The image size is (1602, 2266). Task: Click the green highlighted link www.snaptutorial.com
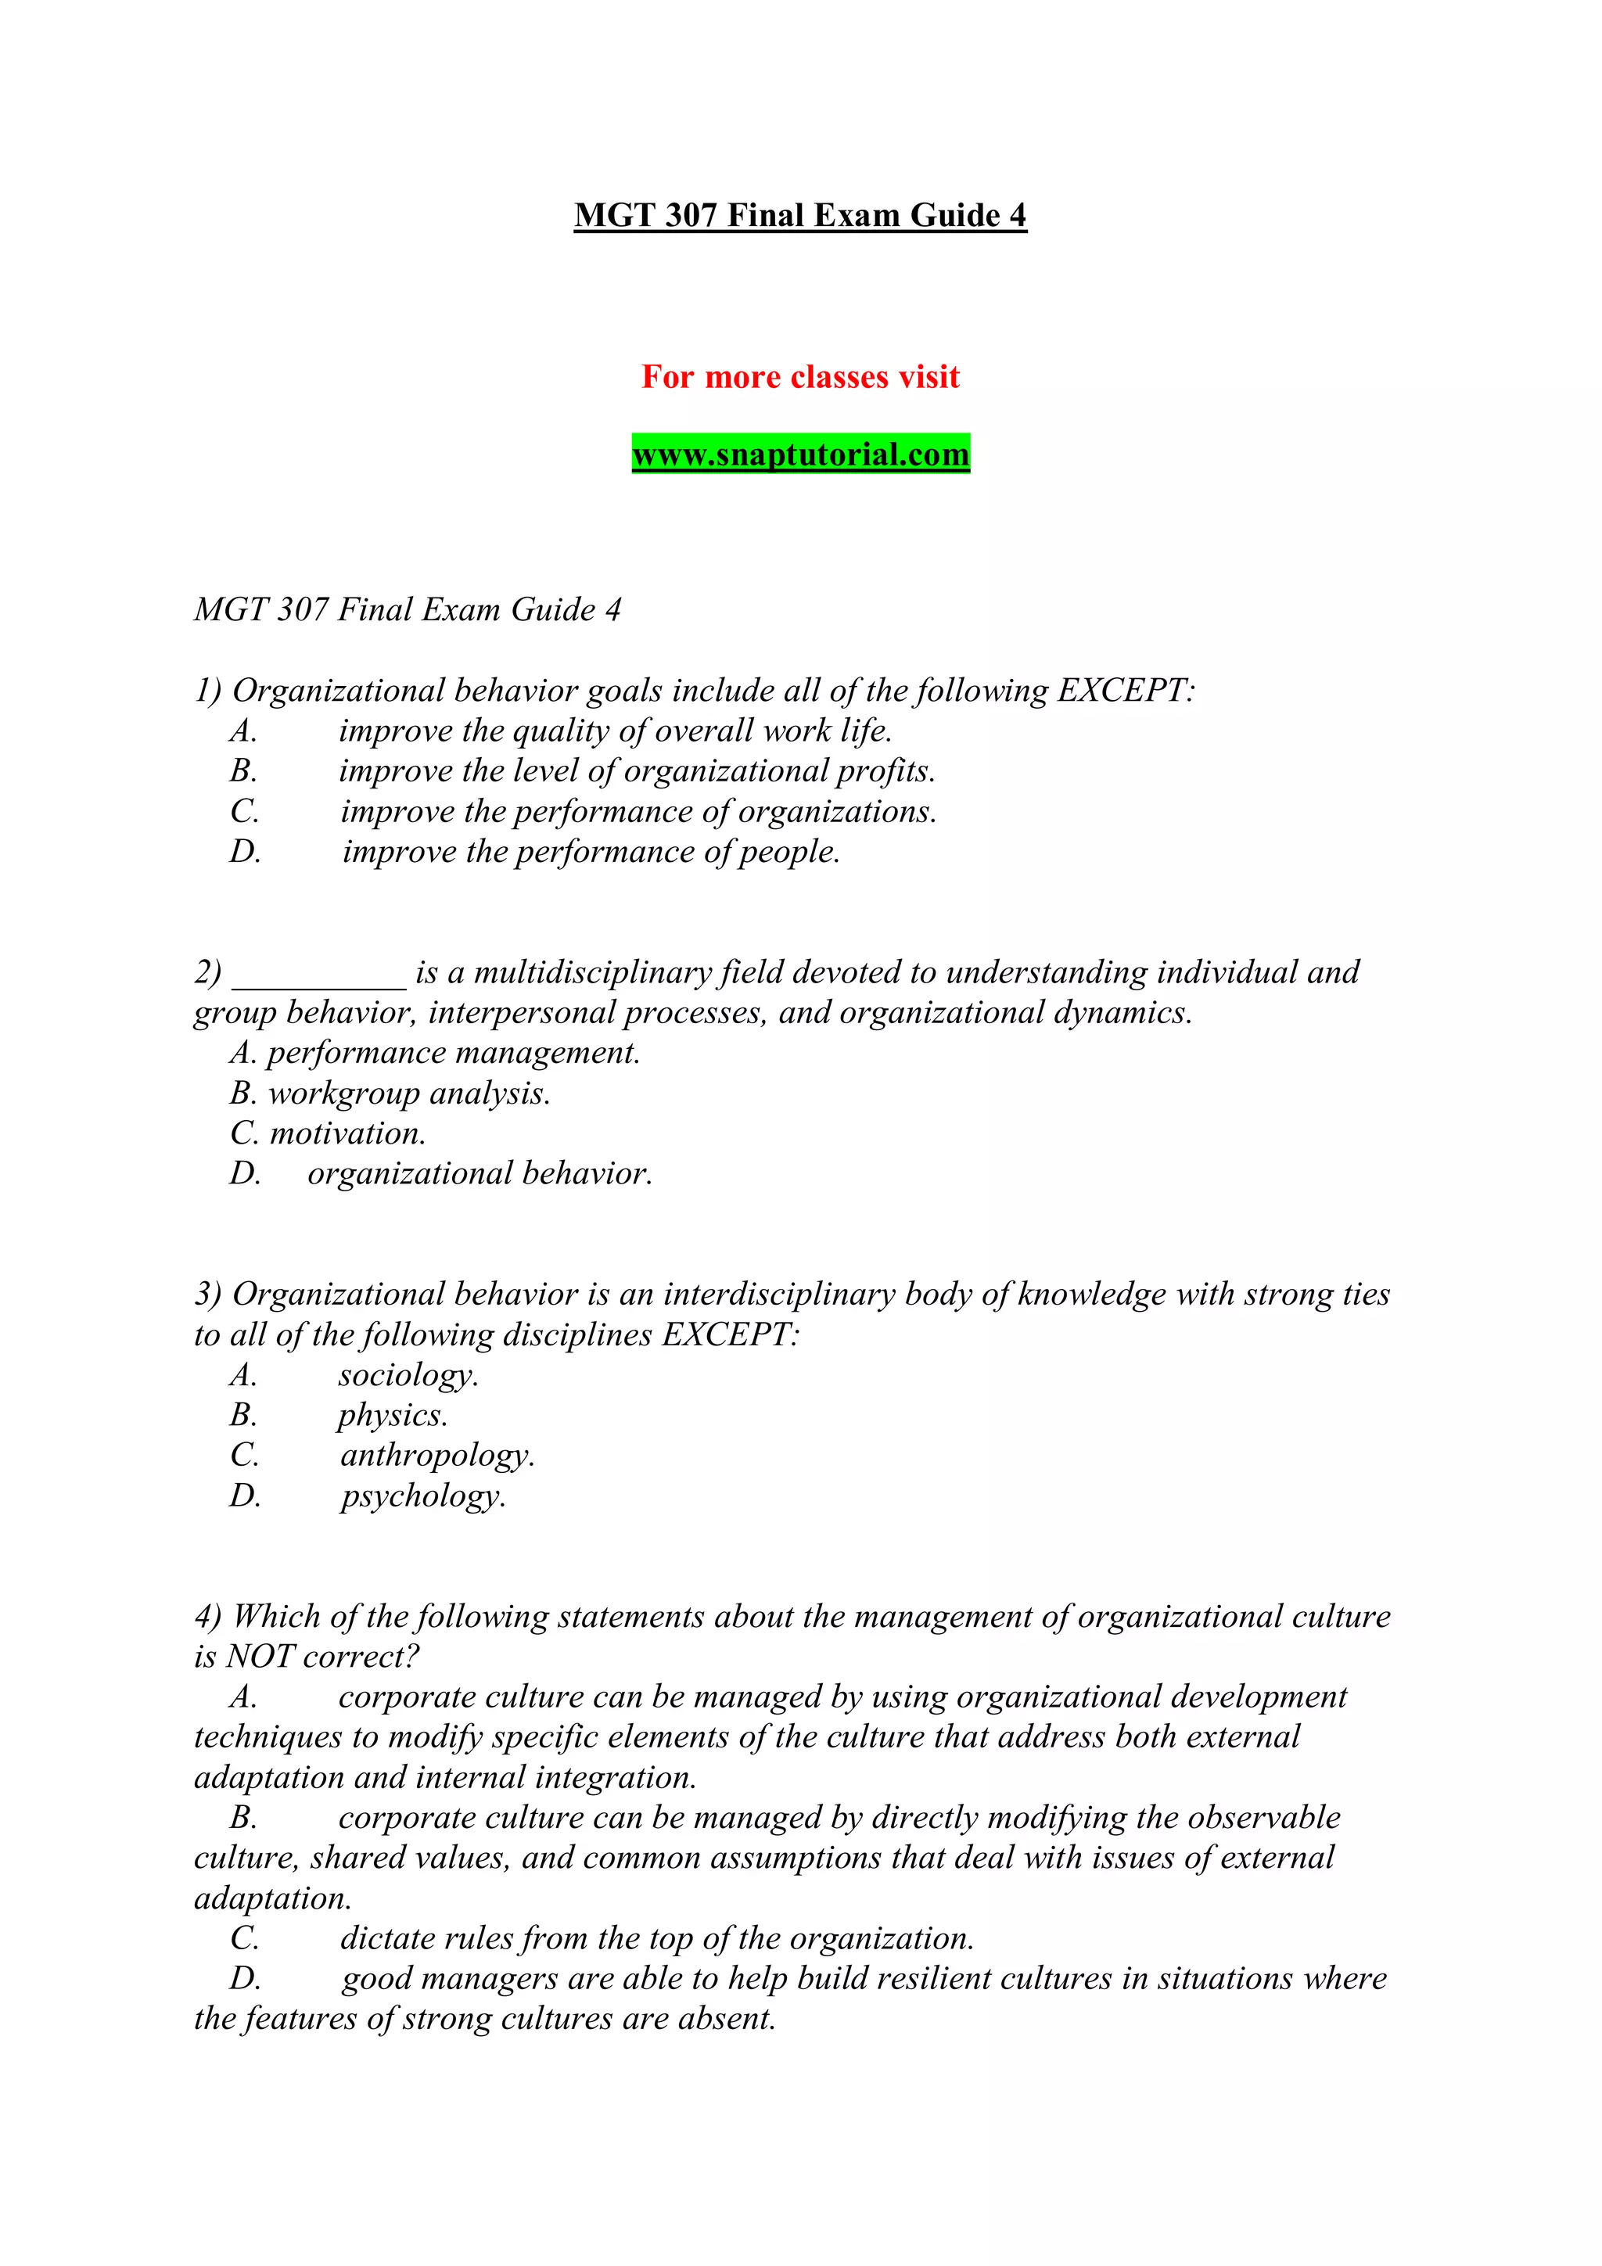(800, 455)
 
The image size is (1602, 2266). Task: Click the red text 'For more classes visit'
(800, 377)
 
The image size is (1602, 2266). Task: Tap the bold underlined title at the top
(800, 215)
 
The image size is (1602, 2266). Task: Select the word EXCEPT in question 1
(1123, 691)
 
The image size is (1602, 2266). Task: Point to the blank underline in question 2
(319, 973)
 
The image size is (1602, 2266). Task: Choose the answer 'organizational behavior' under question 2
(479, 1174)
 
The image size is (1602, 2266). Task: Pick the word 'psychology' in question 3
(422, 1497)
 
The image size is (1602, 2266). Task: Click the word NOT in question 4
(260, 1657)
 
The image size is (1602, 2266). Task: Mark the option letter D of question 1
(245, 853)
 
